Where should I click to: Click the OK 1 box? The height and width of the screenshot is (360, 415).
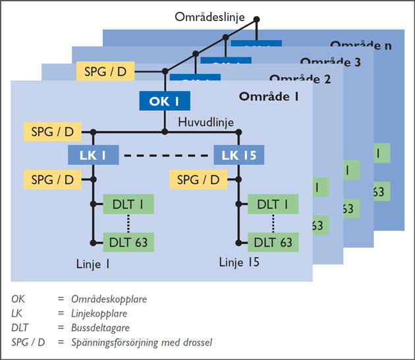165,101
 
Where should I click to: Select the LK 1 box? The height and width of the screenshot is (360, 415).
93,156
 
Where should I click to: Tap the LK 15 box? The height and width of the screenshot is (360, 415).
238,156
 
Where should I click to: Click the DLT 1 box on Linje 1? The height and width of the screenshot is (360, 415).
128,204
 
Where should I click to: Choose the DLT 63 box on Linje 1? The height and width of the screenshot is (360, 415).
128,242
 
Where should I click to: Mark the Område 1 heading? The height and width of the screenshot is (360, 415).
269,97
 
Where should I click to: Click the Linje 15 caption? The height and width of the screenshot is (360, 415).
239,263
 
